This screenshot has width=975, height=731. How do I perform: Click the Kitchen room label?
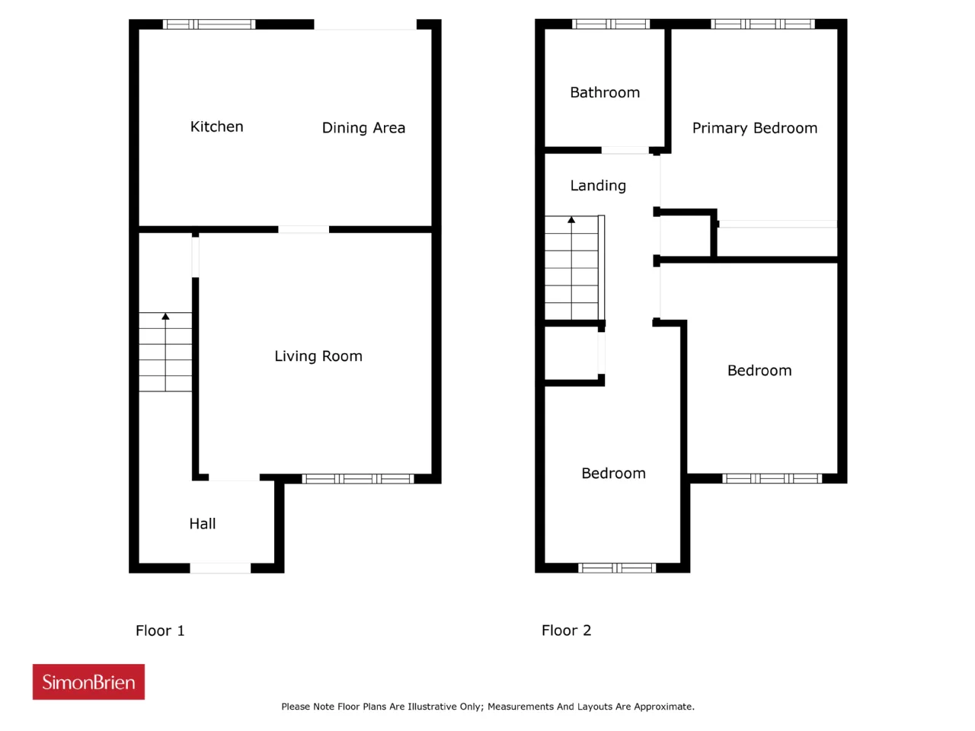point(216,126)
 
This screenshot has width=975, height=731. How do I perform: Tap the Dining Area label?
point(363,128)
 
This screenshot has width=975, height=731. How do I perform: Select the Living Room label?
point(318,356)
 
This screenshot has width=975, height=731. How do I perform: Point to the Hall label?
point(202,524)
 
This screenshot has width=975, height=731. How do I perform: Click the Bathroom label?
point(605,92)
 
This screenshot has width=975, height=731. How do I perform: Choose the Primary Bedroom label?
point(754,128)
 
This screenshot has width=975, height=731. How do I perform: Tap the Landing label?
point(598,186)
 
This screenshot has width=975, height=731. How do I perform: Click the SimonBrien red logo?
point(88,682)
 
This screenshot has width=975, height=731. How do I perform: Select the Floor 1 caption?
point(160,630)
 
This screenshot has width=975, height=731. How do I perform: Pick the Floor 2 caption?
point(566,630)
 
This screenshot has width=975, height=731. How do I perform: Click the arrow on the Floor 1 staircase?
point(165,352)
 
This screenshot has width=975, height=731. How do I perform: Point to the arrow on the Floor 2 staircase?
point(571,267)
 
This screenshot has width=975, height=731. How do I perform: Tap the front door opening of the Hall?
point(220,568)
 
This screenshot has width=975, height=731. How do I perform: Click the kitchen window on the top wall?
point(209,24)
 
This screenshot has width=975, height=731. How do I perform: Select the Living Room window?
point(358,478)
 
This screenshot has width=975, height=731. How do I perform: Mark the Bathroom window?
point(611,24)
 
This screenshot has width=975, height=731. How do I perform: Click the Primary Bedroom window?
point(762,24)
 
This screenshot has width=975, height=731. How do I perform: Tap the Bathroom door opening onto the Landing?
point(625,151)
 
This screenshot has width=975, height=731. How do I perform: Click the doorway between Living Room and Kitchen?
point(303,229)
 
